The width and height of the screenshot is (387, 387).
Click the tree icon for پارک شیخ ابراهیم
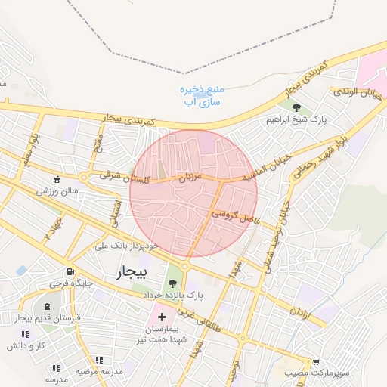(x=296, y=107)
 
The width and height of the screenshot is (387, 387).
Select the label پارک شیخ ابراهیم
(x=297, y=120)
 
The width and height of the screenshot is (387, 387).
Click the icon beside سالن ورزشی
(x=57, y=179)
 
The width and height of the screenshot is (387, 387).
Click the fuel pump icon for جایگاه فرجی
(x=70, y=271)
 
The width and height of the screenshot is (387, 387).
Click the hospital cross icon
(x=162, y=313)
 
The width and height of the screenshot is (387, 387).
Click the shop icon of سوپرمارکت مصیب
(x=316, y=361)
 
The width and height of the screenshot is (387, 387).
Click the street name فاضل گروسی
(x=234, y=215)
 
